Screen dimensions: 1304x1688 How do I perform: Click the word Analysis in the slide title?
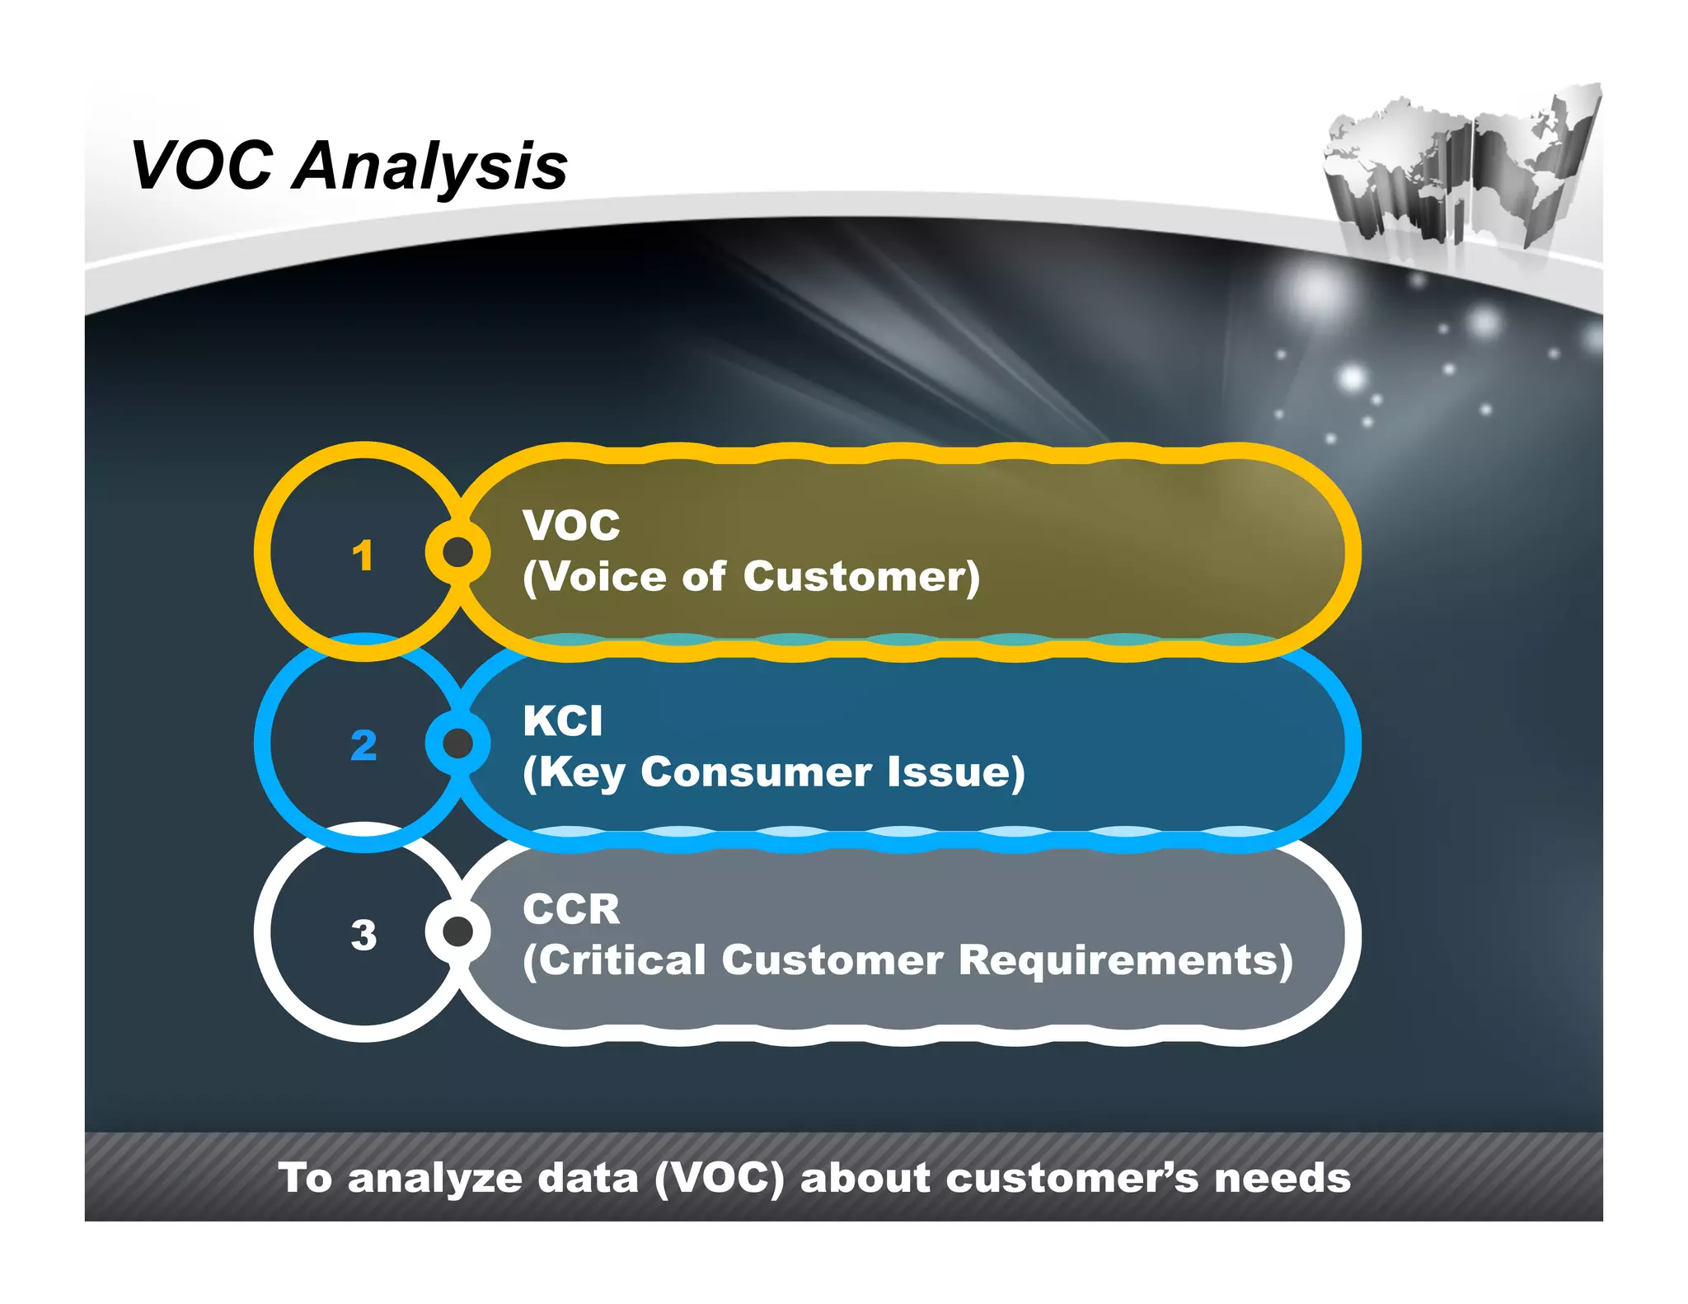coord(429,167)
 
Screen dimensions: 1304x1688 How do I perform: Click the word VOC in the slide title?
coord(202,166)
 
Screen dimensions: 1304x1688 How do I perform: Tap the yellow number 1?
coord(363,555)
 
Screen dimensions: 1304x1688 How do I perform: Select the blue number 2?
coord(363,745)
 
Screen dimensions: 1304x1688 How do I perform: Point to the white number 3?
coord(363,935)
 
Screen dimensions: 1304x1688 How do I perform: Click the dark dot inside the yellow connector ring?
coord(458,551)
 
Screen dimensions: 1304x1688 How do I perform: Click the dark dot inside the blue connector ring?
coord(458,743)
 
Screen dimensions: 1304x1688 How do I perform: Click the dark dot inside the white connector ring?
coord(458,931)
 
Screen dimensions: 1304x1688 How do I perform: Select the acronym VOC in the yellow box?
coord(571,526)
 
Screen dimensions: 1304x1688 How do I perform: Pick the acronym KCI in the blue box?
coord(563,721)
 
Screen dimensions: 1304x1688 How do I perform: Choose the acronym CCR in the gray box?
coord(571,910)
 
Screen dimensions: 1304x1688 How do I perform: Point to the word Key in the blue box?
coord(582,773)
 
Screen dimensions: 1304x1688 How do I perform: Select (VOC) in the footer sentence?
coord(719,1179)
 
